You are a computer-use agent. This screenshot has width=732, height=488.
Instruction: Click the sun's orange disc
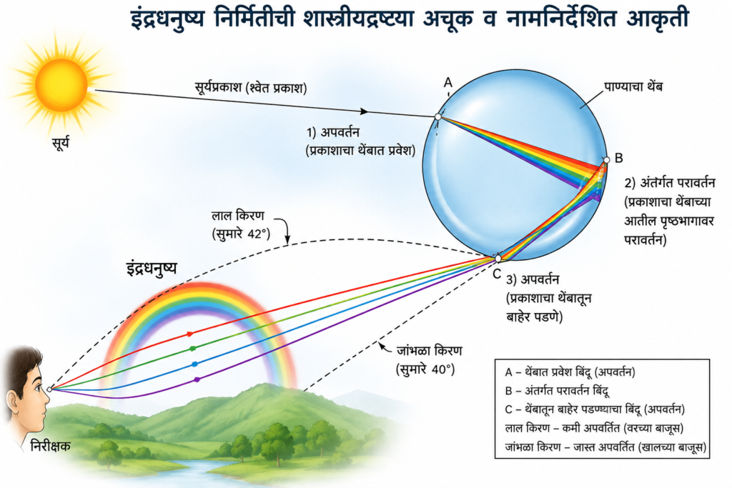point(61,85)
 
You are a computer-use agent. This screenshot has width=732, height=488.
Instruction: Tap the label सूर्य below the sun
point(61,142)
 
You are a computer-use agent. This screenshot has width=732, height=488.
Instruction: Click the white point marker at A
point(438,116)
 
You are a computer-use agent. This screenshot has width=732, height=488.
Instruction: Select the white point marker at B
point(606,160)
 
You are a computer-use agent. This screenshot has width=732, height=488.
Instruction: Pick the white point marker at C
point(498,258)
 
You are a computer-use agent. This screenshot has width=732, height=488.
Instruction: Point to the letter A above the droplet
point(448,83)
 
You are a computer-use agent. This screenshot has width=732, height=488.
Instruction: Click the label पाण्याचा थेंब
point(633,86)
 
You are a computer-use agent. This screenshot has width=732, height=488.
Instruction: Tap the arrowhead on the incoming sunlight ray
point(364,111)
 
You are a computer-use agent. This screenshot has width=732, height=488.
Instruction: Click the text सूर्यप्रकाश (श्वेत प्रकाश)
point(251,87)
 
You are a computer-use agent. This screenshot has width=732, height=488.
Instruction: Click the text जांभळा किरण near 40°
point(429,350)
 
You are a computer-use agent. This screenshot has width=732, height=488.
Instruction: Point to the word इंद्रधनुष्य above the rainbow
point(152,268)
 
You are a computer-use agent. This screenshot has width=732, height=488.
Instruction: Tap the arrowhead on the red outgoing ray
point(190,334)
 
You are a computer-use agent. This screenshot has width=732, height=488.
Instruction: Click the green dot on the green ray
point(192,349)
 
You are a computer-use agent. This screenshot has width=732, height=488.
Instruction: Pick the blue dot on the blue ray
point(194,364)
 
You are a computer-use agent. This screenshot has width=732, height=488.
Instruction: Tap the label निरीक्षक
point(50,446)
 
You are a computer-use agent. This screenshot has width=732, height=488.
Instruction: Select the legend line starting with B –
point(557,391)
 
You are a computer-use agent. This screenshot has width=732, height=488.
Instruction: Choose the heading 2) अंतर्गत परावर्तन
point(670,182)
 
